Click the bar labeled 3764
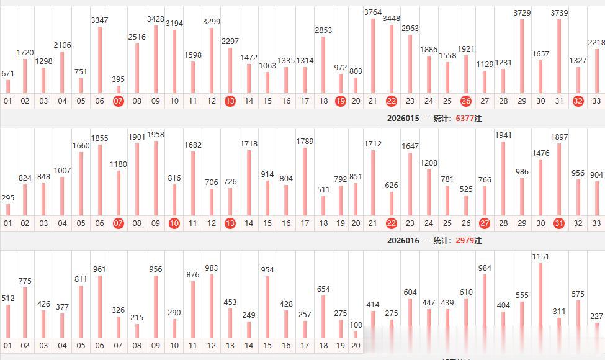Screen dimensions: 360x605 click(x=373, y=56)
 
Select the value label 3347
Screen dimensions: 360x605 click(x=99, y=20)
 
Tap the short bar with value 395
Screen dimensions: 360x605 click(x=119, y=89)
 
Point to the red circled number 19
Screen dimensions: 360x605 click(x=340, y=101)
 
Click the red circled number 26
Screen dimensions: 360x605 click(x=466, y=101)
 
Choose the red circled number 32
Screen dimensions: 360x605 click(x=578, y=101)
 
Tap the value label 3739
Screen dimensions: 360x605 click(x=559, y=13)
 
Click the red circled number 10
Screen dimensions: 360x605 click(x=174, y=223)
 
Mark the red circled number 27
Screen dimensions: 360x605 click(x=485, y=223)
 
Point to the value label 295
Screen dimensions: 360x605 click(x=8, y=197)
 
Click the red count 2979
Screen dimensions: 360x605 click(x=464, y=240)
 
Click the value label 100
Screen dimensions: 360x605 click(x=356, y=325)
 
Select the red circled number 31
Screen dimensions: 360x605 click(x=559, y=223)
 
